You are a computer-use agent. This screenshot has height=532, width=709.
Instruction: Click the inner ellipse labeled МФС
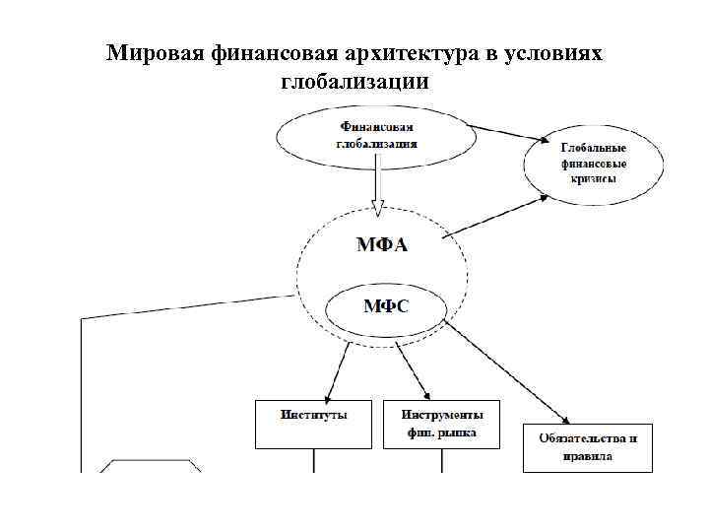click(x=386, y=305)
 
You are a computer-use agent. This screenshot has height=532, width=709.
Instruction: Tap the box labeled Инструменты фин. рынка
click(x=441, y=424)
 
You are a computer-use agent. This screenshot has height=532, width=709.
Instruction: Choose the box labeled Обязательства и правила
click(x=587, y=447)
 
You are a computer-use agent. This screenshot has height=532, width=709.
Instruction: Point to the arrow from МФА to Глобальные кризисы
click(x=497, y=216)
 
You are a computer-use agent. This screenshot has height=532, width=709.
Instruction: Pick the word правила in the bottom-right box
click(x=588, y=456)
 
